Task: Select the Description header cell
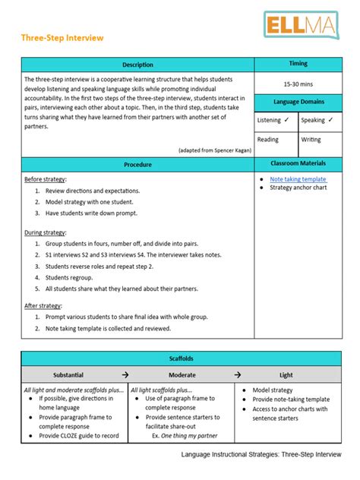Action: tap(137, 65)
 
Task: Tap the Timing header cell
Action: tap(298, 64)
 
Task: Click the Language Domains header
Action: tap(298, 101)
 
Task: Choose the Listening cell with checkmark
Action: tap(274, 120)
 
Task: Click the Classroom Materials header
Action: tap(298, 163)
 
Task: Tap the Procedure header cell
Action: tap(137, 164)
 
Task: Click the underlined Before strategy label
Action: tap(45, 179)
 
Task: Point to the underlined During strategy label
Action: tap(45, 232)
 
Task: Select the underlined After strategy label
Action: tap(43, 305)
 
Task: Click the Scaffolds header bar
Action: tap(180, 358)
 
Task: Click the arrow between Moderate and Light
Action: tap(237, 374)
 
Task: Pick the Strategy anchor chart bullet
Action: tap(298, 188)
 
